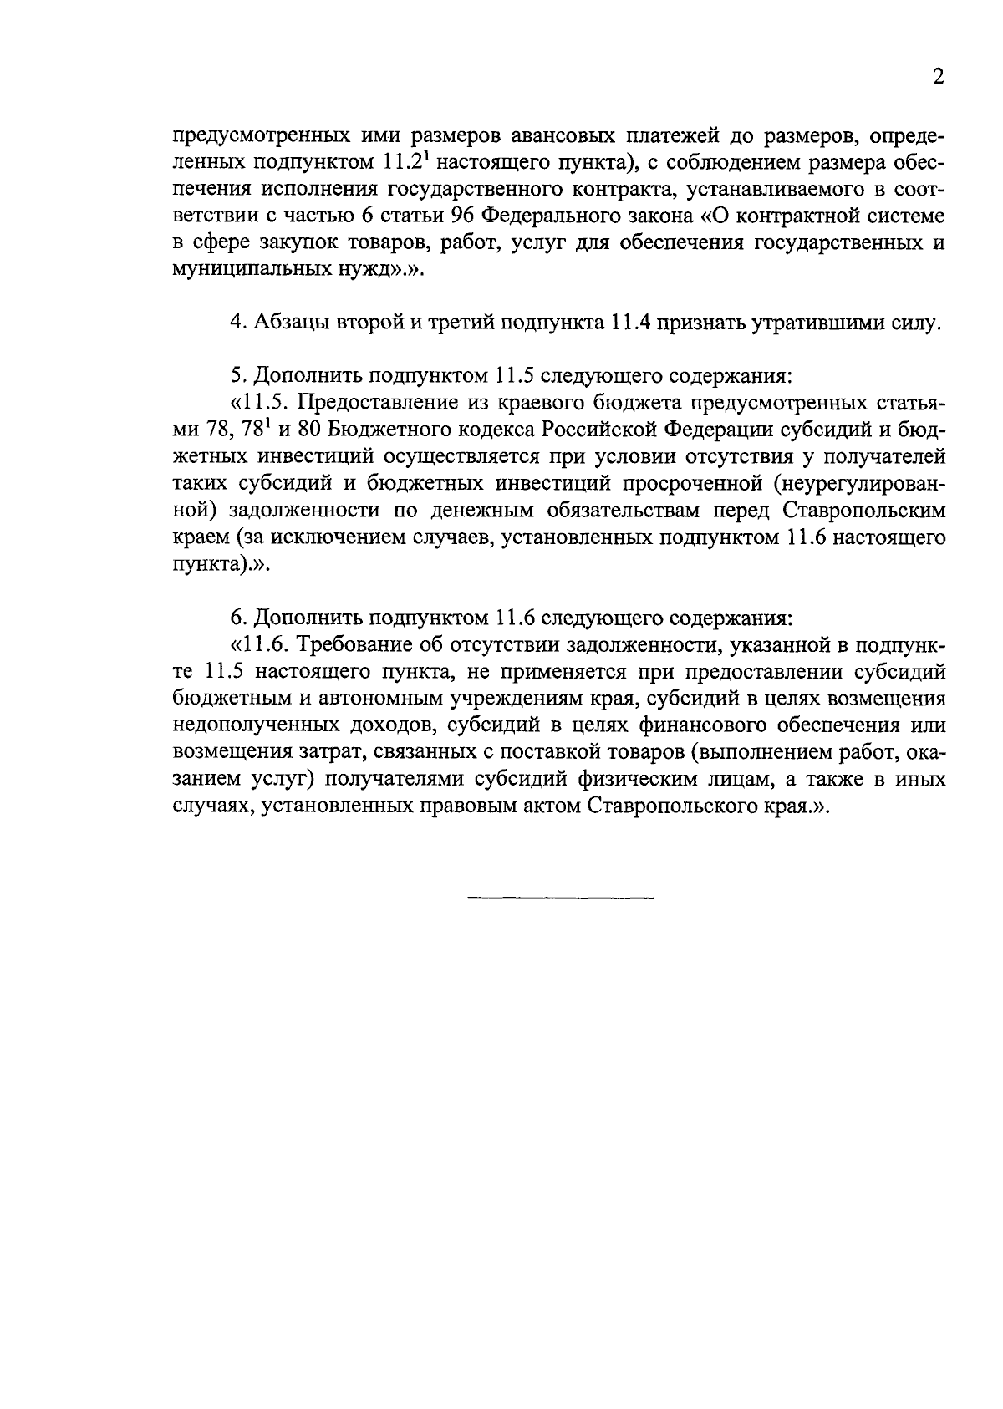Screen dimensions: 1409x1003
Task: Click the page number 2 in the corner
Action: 938,78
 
